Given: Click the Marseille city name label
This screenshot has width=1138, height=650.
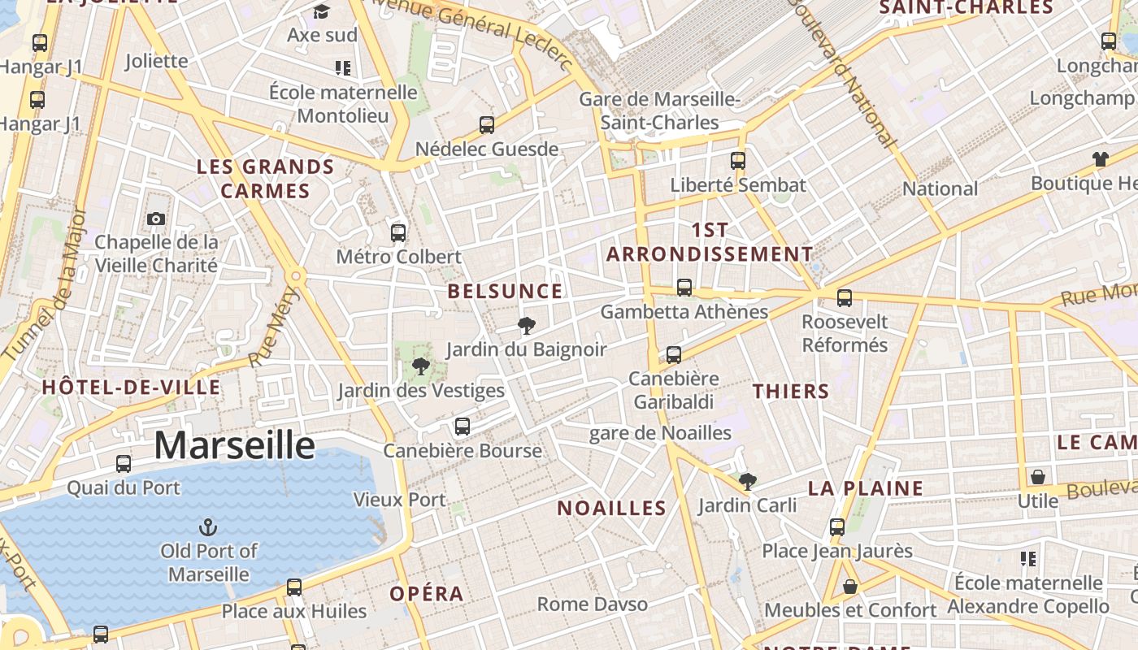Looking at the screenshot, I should (x=234, y=445).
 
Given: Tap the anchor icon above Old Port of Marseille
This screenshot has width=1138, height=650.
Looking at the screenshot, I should (x=208, y=526).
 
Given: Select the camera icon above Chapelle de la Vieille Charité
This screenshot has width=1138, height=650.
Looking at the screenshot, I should (x=156, y=219).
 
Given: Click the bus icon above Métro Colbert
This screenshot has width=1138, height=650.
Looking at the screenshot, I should (x=398, y=233).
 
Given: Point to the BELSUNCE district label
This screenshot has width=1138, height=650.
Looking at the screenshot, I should (x=505, y=291).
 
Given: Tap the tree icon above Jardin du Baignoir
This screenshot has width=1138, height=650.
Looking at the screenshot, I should (x=527, y=326).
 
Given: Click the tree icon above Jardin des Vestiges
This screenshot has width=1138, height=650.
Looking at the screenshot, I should (x=421, y=366).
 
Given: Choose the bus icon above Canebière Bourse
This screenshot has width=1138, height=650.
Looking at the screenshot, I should (x=463, y=427).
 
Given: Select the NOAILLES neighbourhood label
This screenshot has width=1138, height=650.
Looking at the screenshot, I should (x=611, y=508).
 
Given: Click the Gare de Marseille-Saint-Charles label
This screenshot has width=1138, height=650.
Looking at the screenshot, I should (x=660, y=111).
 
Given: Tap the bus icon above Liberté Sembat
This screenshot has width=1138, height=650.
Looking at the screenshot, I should (x=738, y=161).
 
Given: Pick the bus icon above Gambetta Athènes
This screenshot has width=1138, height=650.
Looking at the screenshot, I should (x=684, y=288).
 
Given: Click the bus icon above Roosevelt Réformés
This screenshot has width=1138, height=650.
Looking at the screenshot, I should (x=845, y=298).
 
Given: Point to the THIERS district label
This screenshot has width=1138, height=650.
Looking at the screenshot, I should (x=791, y=391).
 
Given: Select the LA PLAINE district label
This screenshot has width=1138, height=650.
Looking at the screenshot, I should (x=866, y=488).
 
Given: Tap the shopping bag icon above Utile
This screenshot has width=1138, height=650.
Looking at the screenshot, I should (x=1038, y=477).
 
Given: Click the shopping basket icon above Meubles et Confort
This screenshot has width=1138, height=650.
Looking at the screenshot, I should (x=850, y=586).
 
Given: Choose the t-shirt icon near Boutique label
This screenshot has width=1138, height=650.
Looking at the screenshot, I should (x=1101, y=159).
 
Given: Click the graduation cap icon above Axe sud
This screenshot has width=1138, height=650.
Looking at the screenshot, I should (x=322, y=11).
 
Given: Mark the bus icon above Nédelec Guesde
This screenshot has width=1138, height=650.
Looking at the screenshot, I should (x=487, y=125).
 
